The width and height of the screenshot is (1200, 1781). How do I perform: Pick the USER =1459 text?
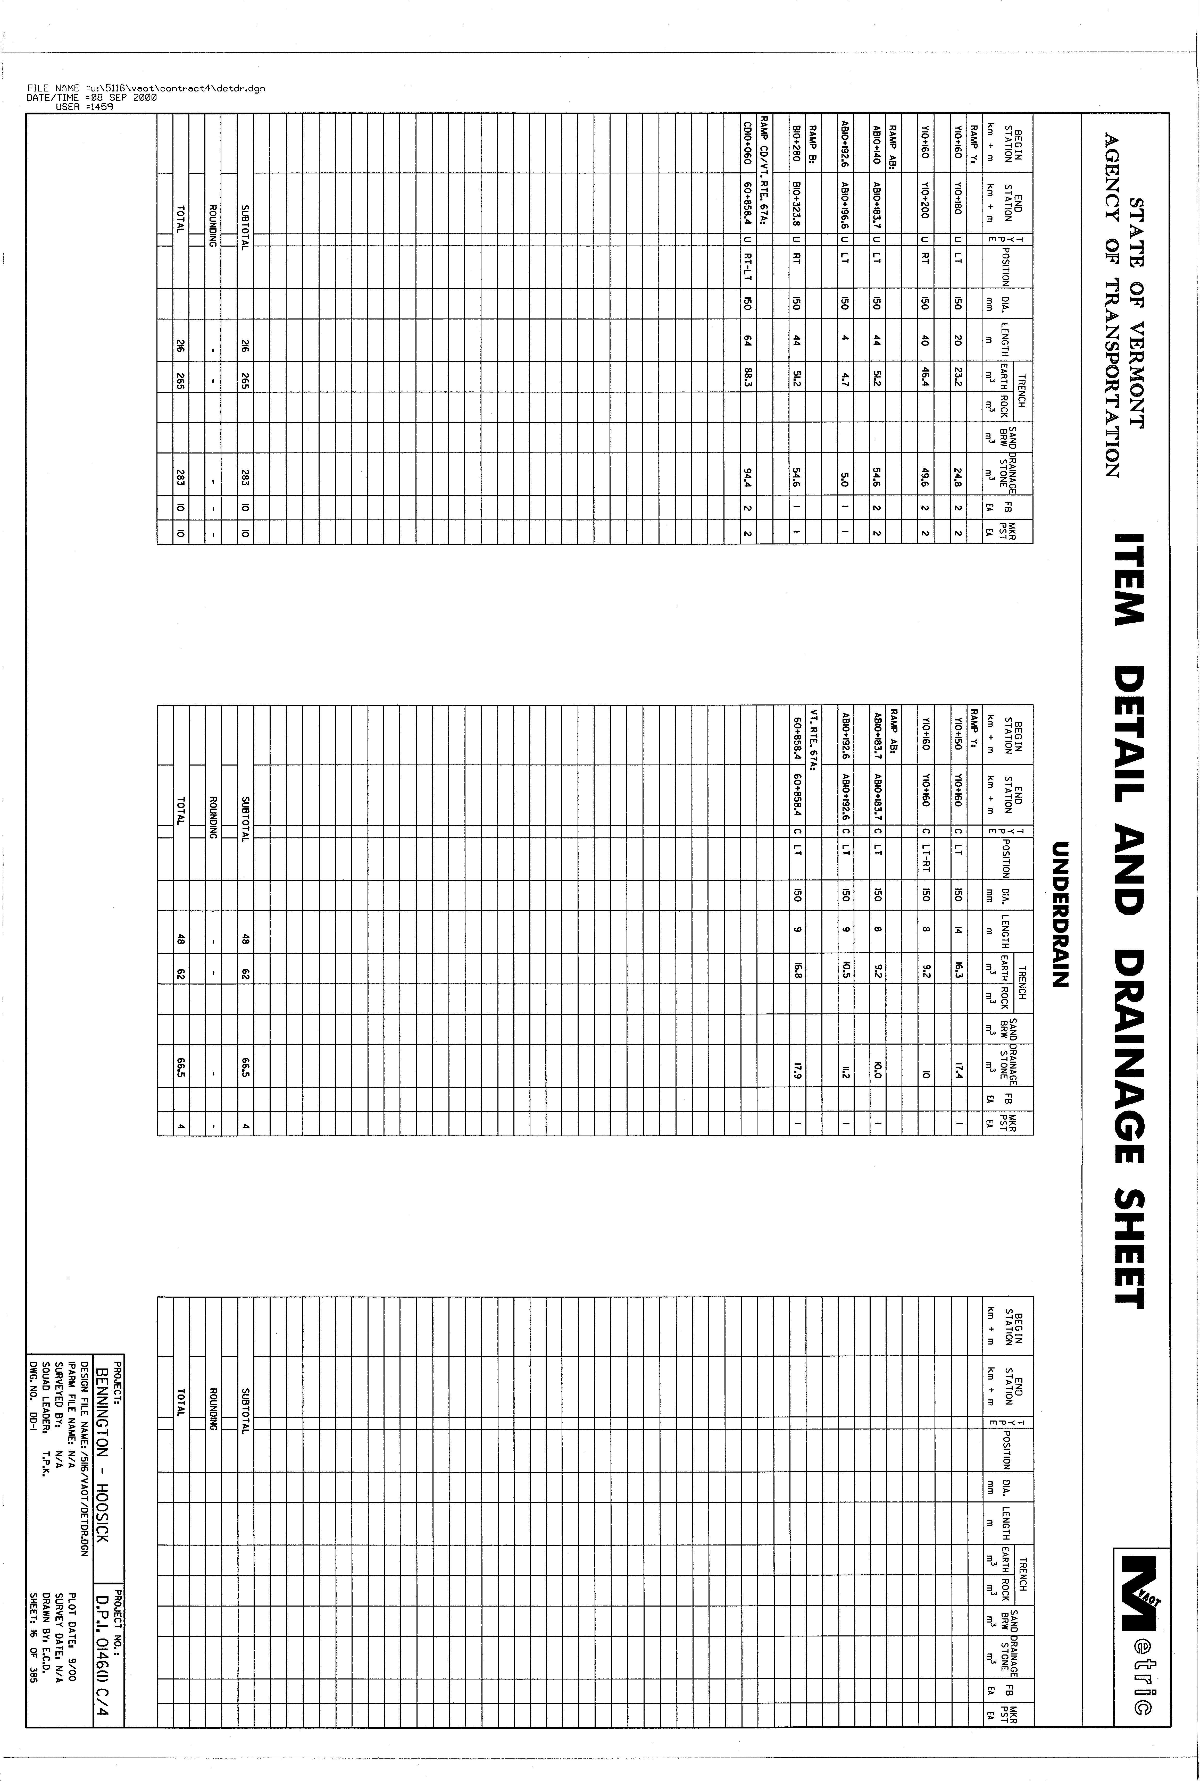pyautogui.click(x=84, y=107)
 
